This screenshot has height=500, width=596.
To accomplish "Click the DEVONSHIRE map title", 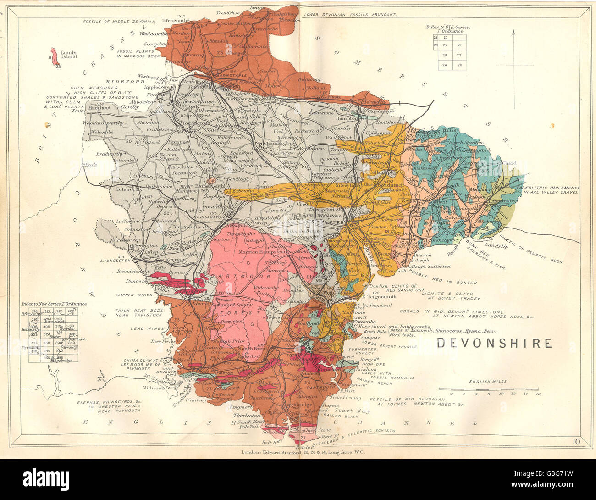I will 494,343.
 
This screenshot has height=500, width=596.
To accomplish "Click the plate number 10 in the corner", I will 578,442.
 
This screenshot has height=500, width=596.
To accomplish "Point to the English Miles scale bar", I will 489,389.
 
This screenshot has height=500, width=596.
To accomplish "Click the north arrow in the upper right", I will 513,64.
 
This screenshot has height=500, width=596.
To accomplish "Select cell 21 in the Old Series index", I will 459,45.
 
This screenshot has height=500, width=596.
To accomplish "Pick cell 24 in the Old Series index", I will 445,65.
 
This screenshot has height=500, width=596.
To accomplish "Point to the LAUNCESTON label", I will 118,260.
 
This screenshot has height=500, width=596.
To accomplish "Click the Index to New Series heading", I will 54,304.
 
